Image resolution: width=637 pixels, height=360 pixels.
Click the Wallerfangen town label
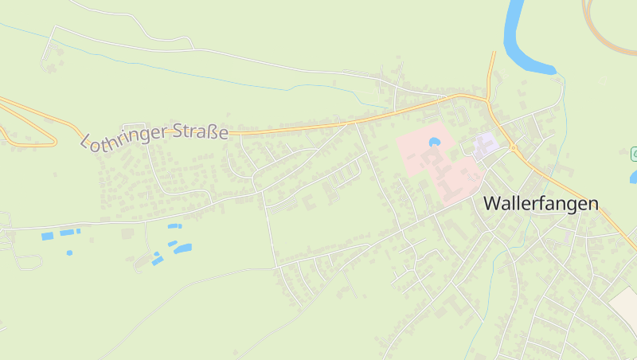[x=541, y=203]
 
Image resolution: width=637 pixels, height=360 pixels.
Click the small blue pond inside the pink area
[x=434, y=143]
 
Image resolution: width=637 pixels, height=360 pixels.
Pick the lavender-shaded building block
[x=485, y=144]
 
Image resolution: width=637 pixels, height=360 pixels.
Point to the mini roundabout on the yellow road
[x=514, y=148]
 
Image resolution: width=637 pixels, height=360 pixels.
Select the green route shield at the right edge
[x=634, y=152]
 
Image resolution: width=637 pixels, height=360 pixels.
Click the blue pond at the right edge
[x=633, y=177]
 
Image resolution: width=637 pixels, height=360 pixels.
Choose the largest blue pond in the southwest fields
[x=182, y=248]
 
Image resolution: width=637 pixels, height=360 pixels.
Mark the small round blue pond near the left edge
[x=69, y=252]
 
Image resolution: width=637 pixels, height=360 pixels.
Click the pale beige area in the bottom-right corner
[x=625, y=307]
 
